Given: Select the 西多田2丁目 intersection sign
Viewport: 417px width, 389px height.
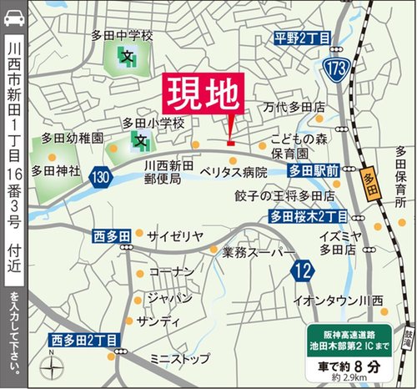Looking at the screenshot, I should pyautogui.click(x=86, y=339).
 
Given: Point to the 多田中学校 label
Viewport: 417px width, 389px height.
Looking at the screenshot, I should pyautogui.click(x=123, y=36).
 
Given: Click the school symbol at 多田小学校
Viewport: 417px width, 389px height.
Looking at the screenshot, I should pyautogui.click(x=143, y=141).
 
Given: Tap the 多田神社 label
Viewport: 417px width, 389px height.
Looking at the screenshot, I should pyautogui.click(x=55, y=170).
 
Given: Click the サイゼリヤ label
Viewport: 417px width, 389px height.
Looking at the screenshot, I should pyautogui.click(x=175, y=236).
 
